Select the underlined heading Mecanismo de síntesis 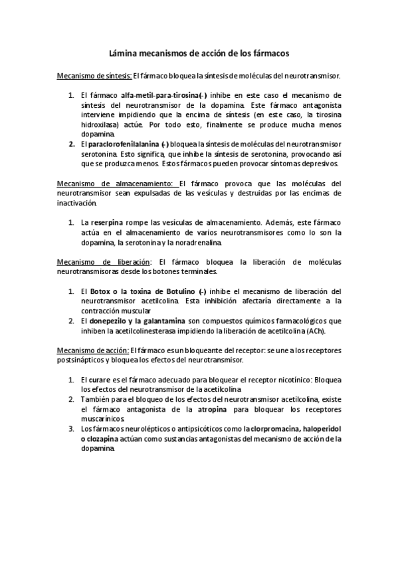(x=94, y=76)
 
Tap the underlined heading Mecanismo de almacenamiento (x=116, y=184)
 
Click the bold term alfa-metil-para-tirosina (x=160, y=96)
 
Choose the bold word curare (x=101, y=379)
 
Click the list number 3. (x=71, y=429)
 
